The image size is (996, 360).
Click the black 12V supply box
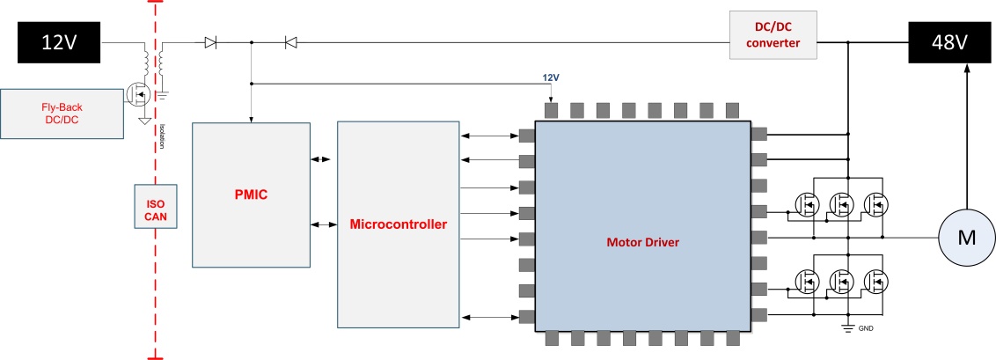point(59,41)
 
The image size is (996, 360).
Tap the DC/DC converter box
point(772,35)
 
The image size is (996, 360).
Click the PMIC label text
point(251,194)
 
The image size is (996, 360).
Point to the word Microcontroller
point(398,224)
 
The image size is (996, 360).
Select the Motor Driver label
point(642,241)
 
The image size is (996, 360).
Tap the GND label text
point(868,329)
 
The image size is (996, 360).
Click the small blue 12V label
point(550,77)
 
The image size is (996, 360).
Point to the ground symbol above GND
point(847,327)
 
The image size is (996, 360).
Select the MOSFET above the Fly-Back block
point(138,92)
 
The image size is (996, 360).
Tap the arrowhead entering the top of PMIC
point(252,119)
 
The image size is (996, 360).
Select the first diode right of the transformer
point(210,41)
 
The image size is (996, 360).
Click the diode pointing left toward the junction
point(290,41)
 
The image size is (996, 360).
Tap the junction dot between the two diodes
point(252,41)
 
